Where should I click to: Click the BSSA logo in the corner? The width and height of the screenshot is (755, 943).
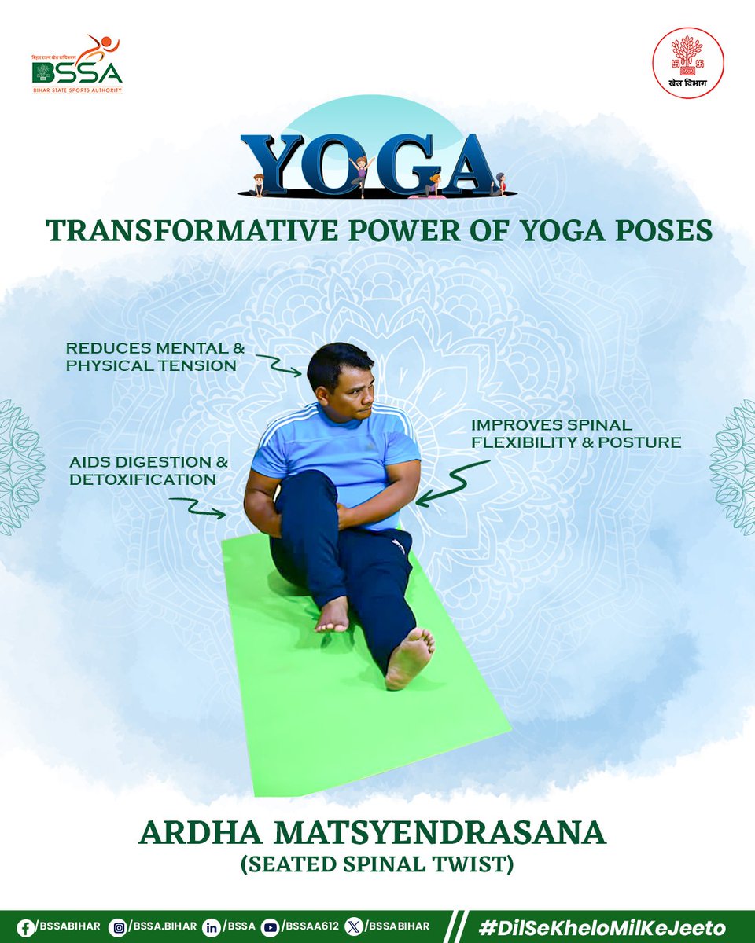pos(77,64)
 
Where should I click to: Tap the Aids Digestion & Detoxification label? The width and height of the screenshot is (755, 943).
pos(141,470)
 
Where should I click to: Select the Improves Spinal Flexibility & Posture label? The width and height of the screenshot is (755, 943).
pos(576,433)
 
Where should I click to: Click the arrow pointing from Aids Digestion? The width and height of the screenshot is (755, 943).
pos(197,508)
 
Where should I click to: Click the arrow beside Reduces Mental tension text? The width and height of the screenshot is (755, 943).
pos(277,363)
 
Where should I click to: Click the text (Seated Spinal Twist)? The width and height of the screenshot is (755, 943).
pos(377,866)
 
